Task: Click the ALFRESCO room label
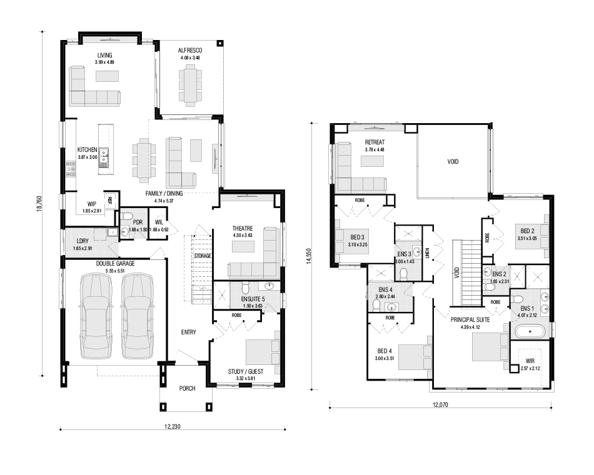pyautogui.click(x=190, y=51)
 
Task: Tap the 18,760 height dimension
pyautogui.click(x=39, y=203)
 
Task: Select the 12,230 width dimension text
pyautogui.click(x=173, y=426)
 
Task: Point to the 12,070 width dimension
pyautogui.click(x=440, y=404)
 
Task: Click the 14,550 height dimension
pyautogui.click(x=309, y=256)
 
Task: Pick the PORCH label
pyautogui.click(x=187, y=388)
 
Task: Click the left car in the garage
pyautogui.click(x=96, y=316)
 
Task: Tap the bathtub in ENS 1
pyautogui.click(x=530, y=332)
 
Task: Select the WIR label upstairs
pyautogui.click(x=530, y=361)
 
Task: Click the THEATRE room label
pyautogui.click(x=243, y=228)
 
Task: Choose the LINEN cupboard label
pyautogui.click(x=427, y=252)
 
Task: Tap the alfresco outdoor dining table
pyautogui.click(x=190, y=84)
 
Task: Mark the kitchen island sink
pyautogui.click(x=103, y=157)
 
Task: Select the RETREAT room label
pyautogui.click(x=375, y=142)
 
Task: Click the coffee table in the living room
pyautogui.click(x=107, y=76)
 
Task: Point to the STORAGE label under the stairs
pyautogui.click(x=203, y=256)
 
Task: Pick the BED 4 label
pyautogui.click(x=385, y=351)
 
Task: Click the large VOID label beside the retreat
pyautogui.click(x=453, y=161)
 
